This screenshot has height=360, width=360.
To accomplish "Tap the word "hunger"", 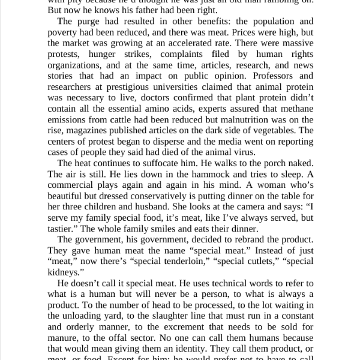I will pyautogui.click(x=104, y=54).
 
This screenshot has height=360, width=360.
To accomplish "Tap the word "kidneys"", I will pyautogui.click(x=65, y=271).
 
